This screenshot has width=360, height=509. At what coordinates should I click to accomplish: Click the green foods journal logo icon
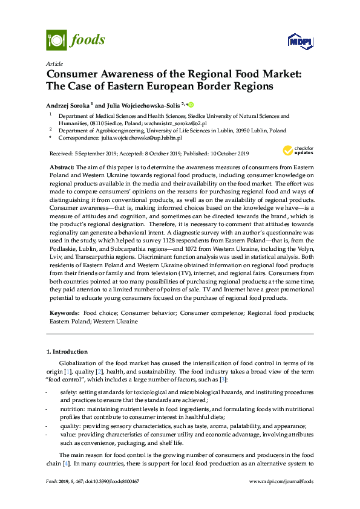[56, 41]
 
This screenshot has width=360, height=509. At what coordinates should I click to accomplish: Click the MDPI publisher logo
[299, 41]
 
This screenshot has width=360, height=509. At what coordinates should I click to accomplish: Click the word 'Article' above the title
[54, 63]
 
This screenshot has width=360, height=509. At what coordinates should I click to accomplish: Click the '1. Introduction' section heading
[67, 351]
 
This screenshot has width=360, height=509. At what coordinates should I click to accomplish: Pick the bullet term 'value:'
[68, 434]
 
